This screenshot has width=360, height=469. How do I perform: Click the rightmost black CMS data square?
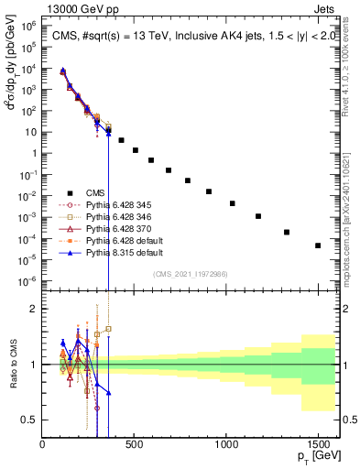click(318, 245)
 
